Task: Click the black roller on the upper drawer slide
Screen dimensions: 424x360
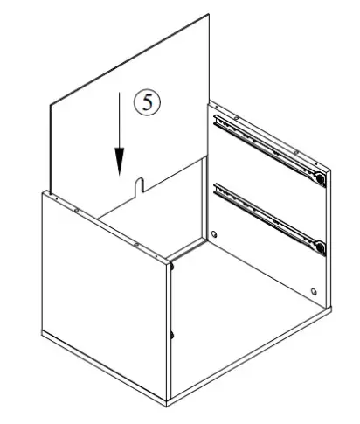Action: (x=321, y=179)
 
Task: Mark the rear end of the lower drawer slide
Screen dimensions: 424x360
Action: (x=218, y=187)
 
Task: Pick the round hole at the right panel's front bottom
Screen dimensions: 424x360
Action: (x=314, y=291)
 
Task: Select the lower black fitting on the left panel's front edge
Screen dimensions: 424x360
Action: (x=173, y=335)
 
